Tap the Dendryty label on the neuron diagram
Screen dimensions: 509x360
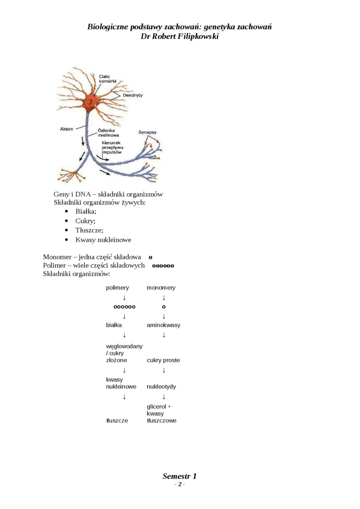[x=133, y=95]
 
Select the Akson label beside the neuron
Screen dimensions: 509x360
[x=67, y=129]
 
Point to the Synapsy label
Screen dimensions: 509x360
[x=147, y=132]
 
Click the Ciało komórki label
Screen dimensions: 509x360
[x=108, y=79]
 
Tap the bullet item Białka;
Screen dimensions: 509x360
[x=86, y=212]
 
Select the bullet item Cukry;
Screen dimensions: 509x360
[x=85, y=221]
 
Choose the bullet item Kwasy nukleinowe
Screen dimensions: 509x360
[x=103, y=240]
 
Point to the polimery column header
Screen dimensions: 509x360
[x=117, y=287]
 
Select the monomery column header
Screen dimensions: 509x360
[x=161, y=287]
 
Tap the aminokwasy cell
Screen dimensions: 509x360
[x=163, y=325]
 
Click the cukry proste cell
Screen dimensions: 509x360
[x=163, y=360]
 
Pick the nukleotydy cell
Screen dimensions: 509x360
[x=162, y=386]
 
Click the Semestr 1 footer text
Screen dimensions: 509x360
[x=180, y=476]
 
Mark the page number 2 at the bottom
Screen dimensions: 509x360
[x=180, y=484]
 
